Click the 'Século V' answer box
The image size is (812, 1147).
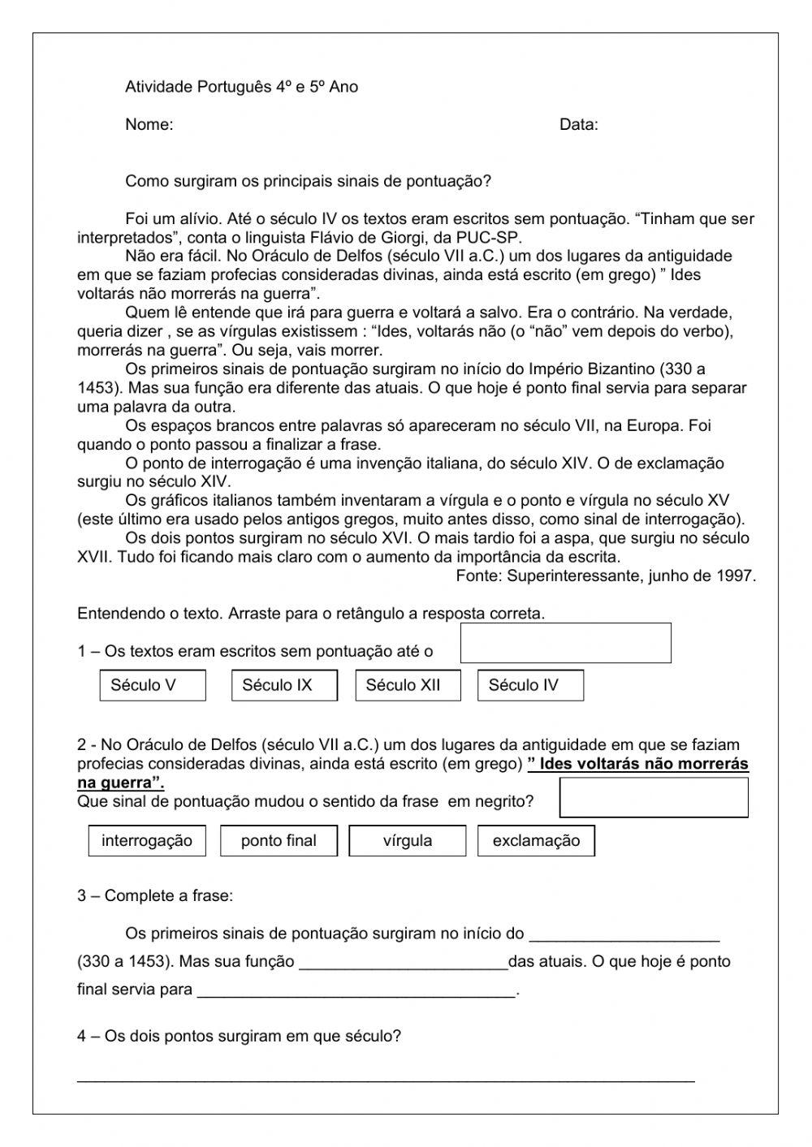tap(153, 685)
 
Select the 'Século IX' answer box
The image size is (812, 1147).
tap(284, 685)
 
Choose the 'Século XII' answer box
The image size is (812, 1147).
tap(408, 685)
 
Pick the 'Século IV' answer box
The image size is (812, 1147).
tap(530, 685)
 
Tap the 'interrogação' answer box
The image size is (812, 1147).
tap(147, 841)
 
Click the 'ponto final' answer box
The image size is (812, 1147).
tap(279, 841)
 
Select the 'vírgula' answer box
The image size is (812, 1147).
tap(408, 841)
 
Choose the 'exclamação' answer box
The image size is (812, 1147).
tap(536, 841)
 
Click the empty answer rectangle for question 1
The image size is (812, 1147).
tap(565, 643)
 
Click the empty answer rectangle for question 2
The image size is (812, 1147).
tap(654, 797)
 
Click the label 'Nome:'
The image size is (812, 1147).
tap(149, 124)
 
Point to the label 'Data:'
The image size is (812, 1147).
tap(578, 124)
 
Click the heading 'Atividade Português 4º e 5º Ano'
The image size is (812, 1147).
tap(241, 87)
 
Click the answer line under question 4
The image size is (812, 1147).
tap(386, 1077)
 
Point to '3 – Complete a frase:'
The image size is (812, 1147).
tap(155, 896)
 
